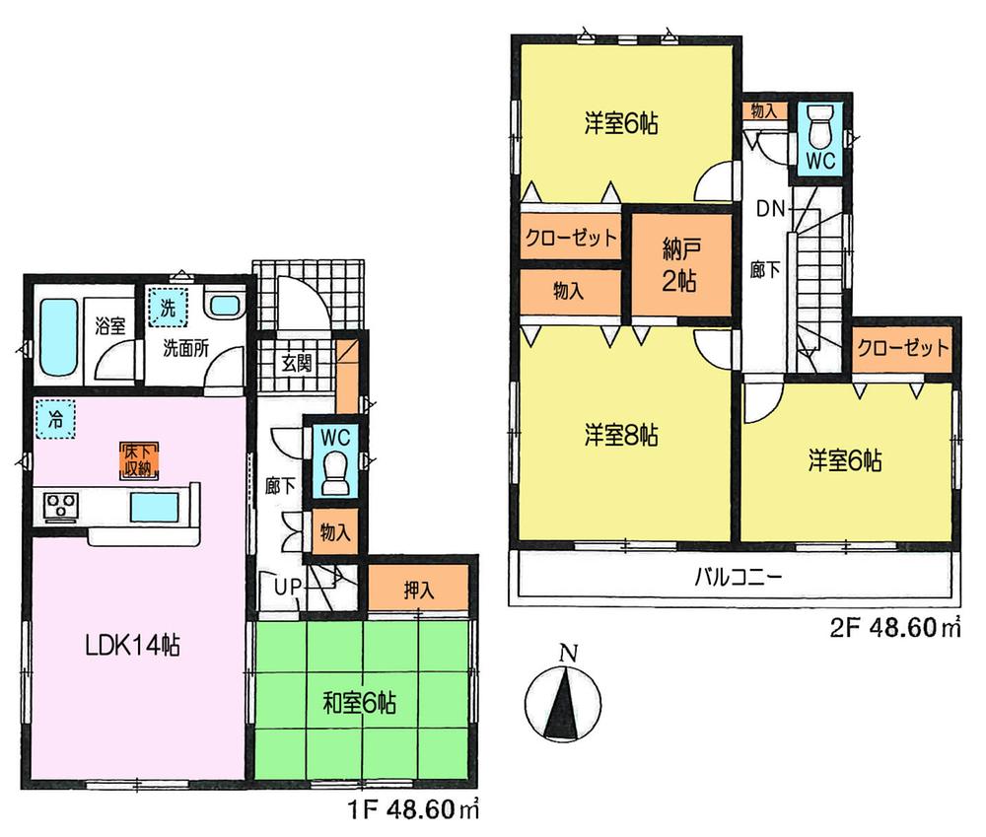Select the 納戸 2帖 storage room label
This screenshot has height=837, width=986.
tap(681, 264)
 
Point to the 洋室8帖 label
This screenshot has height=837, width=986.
tap(621, 434)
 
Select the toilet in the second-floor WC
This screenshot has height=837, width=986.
tap(819, 127)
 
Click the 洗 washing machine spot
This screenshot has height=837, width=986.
tap(168, 308)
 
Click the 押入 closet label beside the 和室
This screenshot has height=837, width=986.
tap(418, 591)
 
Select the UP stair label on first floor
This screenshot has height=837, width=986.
tap(286, 589)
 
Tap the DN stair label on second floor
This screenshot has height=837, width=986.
tap(770, 208)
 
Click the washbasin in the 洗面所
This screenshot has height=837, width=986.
tap(226, 306)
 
